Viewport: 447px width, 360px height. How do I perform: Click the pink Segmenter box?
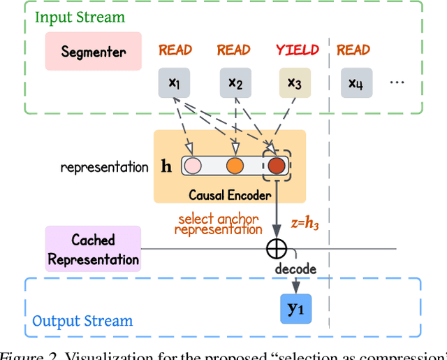(x=94, y=51)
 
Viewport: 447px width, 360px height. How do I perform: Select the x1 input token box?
(x=175, y=84)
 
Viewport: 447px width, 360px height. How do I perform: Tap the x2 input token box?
(x=235, y=84)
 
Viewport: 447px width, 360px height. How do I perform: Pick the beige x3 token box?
(x=295, y=84)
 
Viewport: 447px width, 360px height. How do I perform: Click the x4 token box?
(x=356, y=84)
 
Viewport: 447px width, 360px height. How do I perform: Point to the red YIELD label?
(x=297, y=50)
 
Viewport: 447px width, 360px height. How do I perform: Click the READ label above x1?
(x=175, y=50)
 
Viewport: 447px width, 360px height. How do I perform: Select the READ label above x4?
(x=353, y=50)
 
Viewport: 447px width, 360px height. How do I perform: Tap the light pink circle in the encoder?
(x=192, y=166)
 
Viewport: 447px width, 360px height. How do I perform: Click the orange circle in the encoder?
(x=235, y=166)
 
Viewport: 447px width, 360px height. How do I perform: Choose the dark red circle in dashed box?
(x=277, y=166)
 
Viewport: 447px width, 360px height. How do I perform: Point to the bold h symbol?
(x=166, y=167)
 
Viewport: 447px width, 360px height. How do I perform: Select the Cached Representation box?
(x=93, y=250)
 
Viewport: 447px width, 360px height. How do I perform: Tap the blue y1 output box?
(x=295, y=308)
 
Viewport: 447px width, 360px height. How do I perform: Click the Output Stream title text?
(x=82, y=322)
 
